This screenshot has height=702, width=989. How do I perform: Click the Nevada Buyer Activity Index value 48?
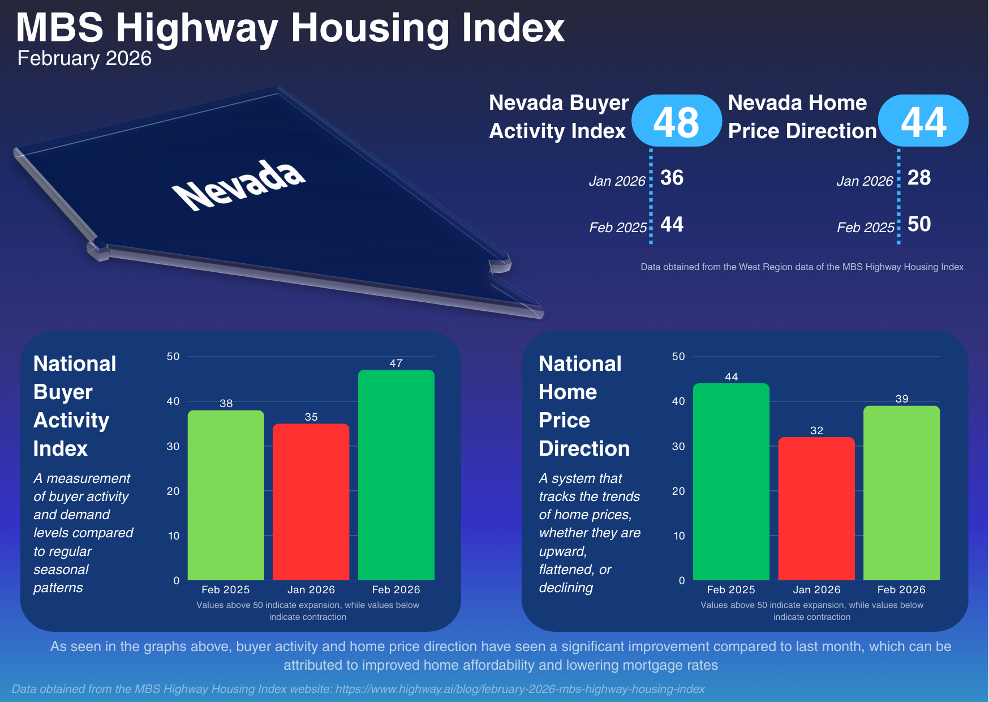pos(676,122)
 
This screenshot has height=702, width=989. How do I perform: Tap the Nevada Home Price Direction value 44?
pos(923,122)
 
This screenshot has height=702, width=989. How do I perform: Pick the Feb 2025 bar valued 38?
pos(226,495)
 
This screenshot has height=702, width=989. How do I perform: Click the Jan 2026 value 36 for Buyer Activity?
pos(672,178)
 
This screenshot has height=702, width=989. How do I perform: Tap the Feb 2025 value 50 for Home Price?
pos(919,224)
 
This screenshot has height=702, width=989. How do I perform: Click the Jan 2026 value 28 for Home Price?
pos(919,178)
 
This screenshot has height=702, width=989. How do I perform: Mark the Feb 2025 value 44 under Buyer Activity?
pos(672,225)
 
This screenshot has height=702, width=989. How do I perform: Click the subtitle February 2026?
pos(84,58)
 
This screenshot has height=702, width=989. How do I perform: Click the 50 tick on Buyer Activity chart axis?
pos(173,357)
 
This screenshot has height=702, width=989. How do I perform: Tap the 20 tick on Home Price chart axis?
pos(678,491)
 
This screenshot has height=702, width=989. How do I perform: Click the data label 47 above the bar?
pos(396,363)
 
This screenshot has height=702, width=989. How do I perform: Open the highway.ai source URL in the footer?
pos(520,689)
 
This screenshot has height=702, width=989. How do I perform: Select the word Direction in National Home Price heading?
pos(584,448)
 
